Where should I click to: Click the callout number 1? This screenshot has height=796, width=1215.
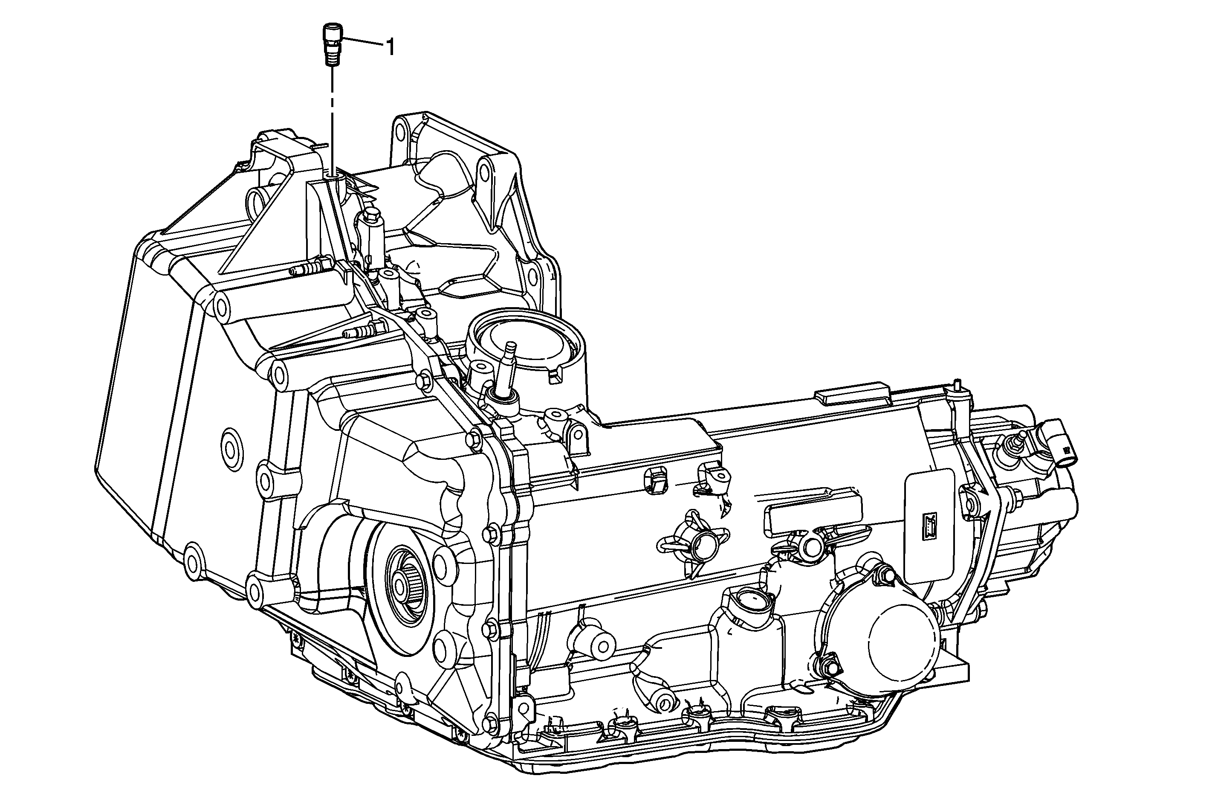[x=391, y=47]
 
